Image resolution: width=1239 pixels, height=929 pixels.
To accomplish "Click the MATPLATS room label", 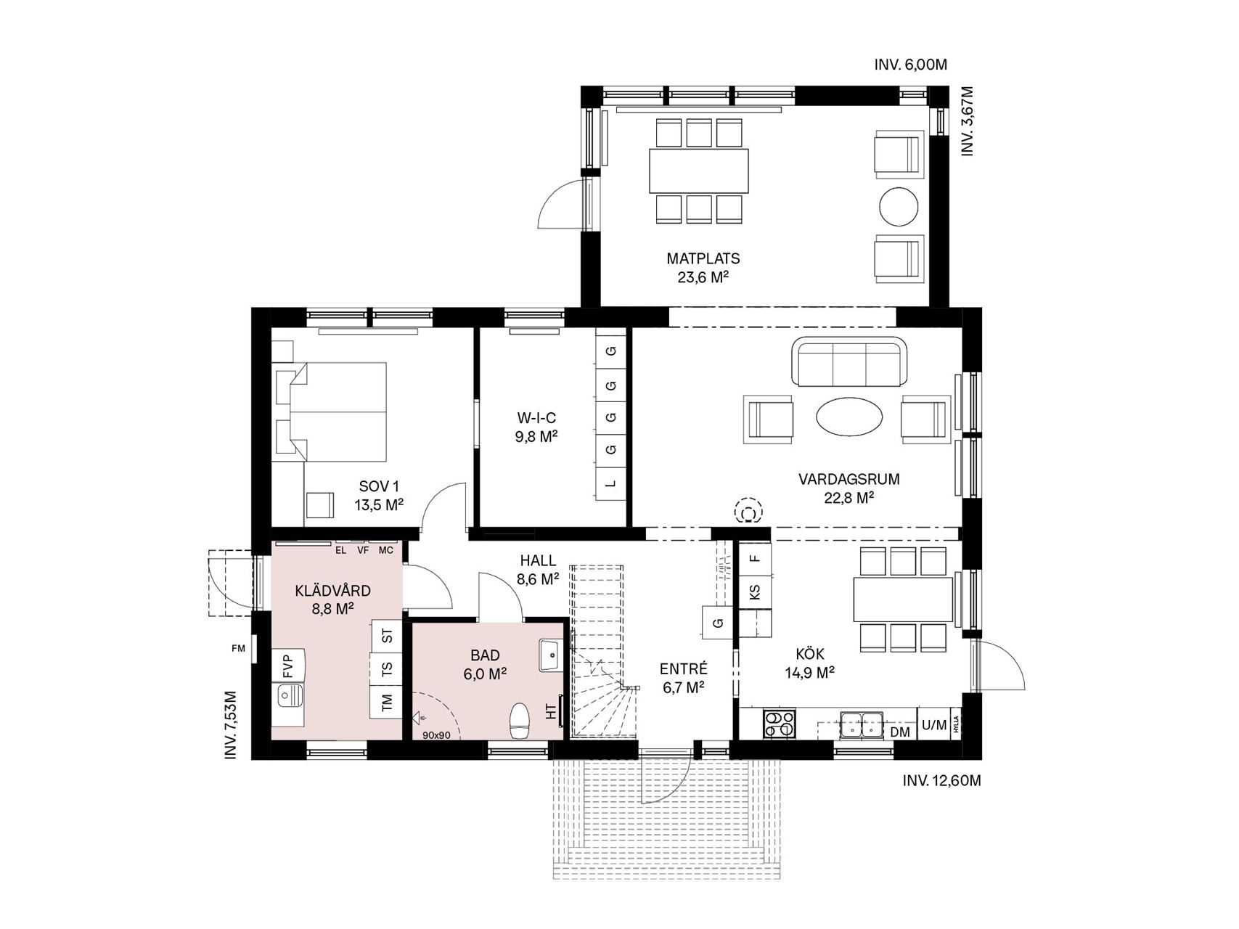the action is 703,258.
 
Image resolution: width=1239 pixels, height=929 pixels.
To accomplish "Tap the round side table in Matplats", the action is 899,208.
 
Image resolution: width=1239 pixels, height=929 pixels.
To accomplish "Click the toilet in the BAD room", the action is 519,720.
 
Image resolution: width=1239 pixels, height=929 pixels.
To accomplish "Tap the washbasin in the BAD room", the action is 552,655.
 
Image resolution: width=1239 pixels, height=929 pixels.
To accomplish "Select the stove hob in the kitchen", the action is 779,724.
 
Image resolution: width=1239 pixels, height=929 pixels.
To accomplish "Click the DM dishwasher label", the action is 900,732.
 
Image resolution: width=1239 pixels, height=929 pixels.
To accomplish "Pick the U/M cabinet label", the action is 933,724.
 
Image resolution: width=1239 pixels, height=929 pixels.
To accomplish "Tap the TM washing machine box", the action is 386,702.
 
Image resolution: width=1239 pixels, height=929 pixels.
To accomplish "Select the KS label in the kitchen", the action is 755,592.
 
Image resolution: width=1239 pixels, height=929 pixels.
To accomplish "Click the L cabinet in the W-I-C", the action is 611,483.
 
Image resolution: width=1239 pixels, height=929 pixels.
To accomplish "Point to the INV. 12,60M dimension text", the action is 941,780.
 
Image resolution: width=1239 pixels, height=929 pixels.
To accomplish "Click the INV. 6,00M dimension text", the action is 910,65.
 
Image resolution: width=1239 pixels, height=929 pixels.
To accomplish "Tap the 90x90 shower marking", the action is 436,734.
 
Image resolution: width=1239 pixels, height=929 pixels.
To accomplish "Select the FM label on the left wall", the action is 238,648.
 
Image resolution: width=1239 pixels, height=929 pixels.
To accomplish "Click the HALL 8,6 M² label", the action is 538,570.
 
